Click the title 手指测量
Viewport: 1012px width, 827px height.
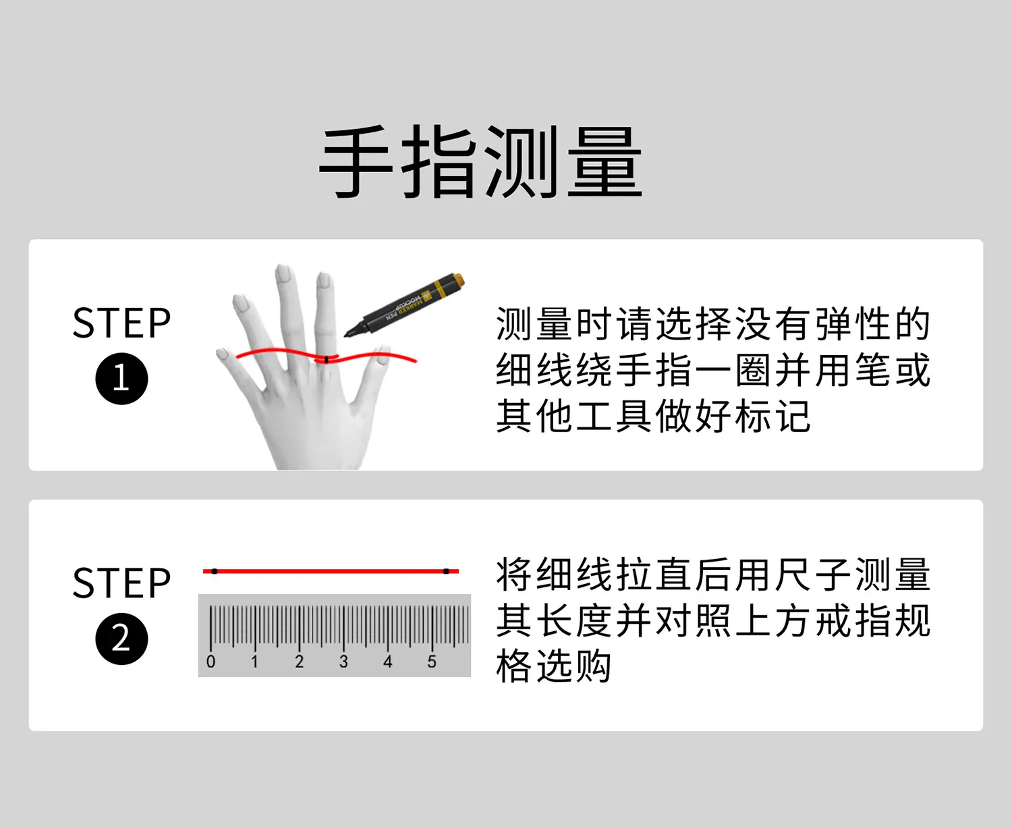click(481, 162)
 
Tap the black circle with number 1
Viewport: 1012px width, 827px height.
click(121, 379)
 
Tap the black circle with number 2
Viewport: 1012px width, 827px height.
click(121, 639)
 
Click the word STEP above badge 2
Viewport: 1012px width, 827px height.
click(121, 583)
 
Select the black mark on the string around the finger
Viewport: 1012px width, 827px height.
click(327, 360)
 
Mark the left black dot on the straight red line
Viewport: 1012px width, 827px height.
click(215, 572)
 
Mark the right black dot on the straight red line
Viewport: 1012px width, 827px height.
click(446, 572)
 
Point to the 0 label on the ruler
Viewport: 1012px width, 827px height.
click(210, 662)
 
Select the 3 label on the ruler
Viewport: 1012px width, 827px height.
click(343, 662)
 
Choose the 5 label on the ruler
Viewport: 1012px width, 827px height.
click(432, 662)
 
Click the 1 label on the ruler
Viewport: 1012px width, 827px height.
click(255, 662)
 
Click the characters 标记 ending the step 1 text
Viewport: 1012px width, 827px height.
click(772, 416)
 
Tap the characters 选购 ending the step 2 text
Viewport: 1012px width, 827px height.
click(573, 666)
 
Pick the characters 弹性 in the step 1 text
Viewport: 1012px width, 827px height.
click(852, 324)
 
